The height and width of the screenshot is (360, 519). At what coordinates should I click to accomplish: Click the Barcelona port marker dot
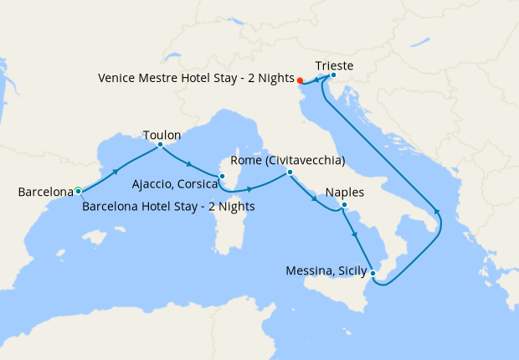78,191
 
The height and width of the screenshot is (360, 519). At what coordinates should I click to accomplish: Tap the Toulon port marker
160,145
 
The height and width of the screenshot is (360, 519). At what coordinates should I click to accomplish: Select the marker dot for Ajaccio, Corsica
222,176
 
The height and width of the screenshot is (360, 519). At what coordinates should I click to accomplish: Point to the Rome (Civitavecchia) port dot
289,172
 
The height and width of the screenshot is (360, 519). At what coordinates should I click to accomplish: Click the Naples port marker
344,205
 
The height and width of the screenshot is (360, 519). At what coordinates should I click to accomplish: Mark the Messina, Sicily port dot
373,273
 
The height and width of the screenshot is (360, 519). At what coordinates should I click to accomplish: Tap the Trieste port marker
333,75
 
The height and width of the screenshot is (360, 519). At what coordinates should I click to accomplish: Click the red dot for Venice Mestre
301,81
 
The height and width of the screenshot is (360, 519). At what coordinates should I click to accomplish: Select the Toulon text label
162,134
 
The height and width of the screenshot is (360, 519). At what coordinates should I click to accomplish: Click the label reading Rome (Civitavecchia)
287,160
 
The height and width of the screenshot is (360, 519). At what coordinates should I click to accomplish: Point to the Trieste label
335,64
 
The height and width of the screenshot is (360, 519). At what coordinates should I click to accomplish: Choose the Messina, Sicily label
325,270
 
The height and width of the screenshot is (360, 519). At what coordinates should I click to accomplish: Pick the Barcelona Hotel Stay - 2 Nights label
168,206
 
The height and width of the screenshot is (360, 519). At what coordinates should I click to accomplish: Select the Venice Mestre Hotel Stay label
195,77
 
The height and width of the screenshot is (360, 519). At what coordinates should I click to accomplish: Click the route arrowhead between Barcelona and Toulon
116,171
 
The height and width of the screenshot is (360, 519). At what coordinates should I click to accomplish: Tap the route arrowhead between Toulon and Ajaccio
191,163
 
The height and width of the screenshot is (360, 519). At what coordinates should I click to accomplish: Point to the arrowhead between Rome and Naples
314,199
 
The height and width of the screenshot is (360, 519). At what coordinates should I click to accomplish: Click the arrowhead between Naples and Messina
357,236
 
